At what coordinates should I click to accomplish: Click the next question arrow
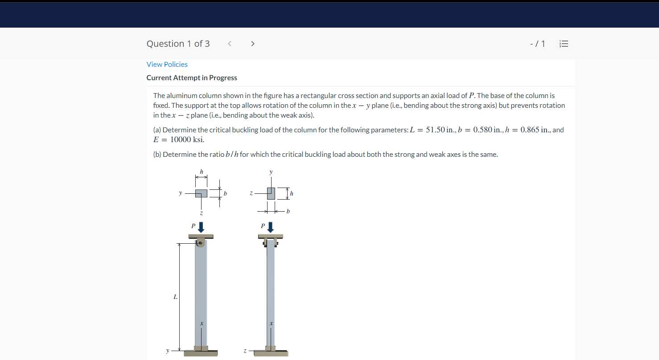click(253, 44)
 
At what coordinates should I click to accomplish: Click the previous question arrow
click(230, 44)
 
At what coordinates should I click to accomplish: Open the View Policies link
click(167, 65)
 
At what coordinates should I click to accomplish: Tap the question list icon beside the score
click(564, 44)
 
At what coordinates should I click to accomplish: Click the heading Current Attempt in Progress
click(192, 78)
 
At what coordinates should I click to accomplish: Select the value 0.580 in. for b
click(485, 130)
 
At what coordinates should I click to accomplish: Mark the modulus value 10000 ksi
click(185, 140)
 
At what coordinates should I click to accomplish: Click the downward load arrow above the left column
click(201, 227)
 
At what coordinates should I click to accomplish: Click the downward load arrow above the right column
click(270, 227)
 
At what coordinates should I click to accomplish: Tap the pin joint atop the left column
click(201, 242)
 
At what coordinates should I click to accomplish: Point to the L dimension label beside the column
click(175, 296)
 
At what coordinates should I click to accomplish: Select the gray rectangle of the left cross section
click(201, 193)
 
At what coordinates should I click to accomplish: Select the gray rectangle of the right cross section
click(271, 193)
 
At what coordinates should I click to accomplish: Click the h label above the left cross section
click(201, 172)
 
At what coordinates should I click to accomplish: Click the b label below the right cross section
click(288, 211)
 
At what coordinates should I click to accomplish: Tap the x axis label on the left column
click(202, 323)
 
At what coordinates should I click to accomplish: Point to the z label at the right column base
click(245, 352)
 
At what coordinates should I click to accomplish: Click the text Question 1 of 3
click(178, 44)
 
